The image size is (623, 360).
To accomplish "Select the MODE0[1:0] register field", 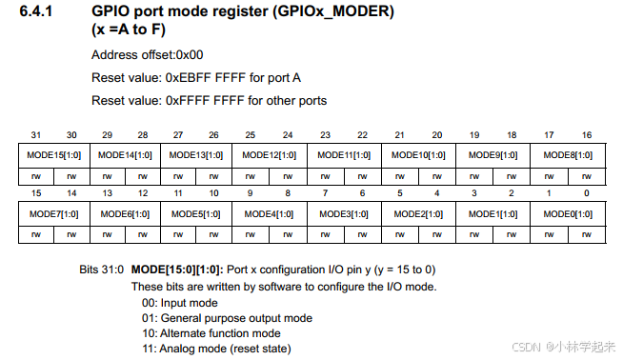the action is coord(568,214).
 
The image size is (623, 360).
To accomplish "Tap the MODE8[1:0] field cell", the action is coord(568,154).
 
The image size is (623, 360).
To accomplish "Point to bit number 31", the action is coord(34,135).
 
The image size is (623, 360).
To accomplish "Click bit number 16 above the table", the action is coord(586,135).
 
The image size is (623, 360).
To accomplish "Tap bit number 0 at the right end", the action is coord(586,194).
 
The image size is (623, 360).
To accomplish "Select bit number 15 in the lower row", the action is coord(34,194).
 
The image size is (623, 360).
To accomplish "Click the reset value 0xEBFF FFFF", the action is coord(204,77).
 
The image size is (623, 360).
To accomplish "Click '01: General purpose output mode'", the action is coord(227,318).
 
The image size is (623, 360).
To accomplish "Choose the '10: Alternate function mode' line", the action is coord(211,333).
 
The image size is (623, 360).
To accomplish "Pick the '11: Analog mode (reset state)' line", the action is coord(217,349).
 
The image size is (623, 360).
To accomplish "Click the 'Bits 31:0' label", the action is coord(101,270).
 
